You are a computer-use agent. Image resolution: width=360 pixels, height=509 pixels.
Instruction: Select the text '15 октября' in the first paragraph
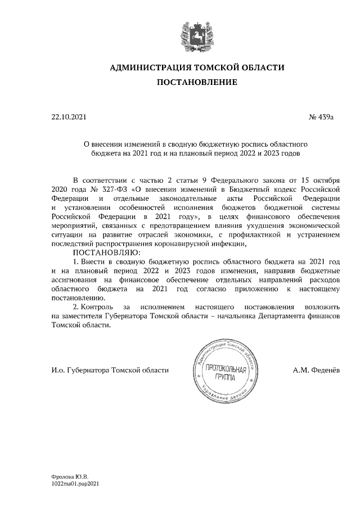coord(321,181)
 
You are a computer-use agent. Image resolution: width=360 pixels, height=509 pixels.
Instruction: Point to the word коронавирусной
coord(179,244)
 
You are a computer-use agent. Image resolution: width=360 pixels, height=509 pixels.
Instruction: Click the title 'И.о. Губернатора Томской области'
coord(110,370)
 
